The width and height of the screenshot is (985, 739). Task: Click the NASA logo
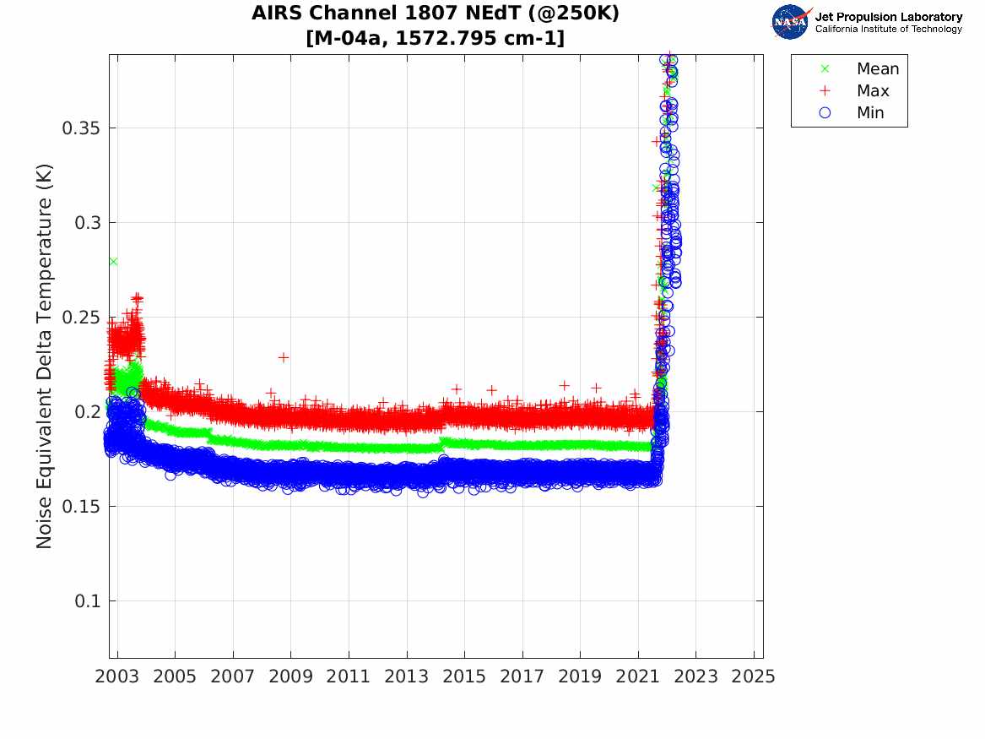tap(790, 21)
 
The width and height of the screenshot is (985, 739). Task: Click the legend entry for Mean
tap(877, 69)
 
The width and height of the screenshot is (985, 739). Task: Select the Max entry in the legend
tap(873, 91)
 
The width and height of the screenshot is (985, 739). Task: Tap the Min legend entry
tap(870, 113)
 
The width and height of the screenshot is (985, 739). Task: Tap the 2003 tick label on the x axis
tap(117, 677)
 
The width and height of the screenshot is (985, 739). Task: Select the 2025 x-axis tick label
tap(754, 677)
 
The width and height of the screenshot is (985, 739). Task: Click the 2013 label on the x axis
tap(407, 677)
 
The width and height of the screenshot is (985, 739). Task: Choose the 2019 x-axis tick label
tap(581, 677)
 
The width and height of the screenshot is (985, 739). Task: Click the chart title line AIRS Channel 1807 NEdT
tap(436, 14)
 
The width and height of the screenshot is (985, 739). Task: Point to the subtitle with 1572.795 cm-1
tap(436, 38)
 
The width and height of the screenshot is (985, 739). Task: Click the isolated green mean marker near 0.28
tap(113, 261)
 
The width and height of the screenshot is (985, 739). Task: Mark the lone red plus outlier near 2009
tap(284, 357)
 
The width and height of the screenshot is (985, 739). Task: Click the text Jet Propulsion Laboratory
tap(888, 16)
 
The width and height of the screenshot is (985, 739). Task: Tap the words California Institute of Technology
tap(888, 29)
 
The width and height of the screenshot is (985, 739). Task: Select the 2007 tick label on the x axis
tap(233, 677)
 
